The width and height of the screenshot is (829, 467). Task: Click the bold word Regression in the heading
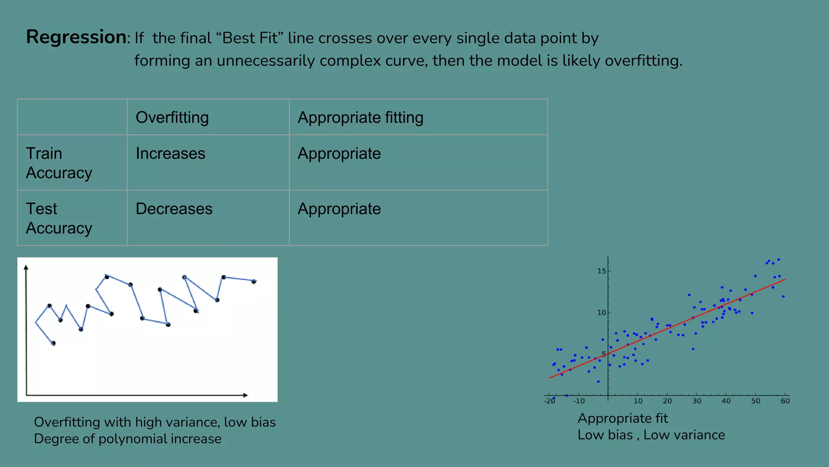point(76,37)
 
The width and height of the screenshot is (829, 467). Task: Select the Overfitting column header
point(172,118)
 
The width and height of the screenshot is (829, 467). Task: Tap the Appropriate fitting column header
point(360,118)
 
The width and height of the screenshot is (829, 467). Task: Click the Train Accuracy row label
point(59,163)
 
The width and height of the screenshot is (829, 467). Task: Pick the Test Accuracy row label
point(59,219)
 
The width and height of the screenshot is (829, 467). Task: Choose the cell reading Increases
point(170,154)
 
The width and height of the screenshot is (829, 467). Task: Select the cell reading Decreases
point(174,209)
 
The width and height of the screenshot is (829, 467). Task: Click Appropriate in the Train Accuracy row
point(339,154)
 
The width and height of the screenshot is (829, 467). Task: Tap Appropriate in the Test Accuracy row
point(339,209)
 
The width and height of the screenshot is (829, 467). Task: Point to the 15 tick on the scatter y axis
point(602,271)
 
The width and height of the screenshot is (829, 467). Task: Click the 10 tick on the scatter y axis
point(602,313)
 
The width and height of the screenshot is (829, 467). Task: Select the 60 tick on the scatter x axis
point(785,401)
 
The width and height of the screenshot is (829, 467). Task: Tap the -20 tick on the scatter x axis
point(549,401)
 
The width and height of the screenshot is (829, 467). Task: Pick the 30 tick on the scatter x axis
point(697,401)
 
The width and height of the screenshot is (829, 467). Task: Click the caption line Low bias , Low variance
point(651,435)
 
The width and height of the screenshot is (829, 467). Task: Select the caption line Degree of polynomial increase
point(128,439)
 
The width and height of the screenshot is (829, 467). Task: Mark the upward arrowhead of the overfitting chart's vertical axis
point(26,267)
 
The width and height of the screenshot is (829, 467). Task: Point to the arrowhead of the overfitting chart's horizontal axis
point(245,395)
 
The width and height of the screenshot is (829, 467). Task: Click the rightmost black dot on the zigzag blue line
point(254,281)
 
